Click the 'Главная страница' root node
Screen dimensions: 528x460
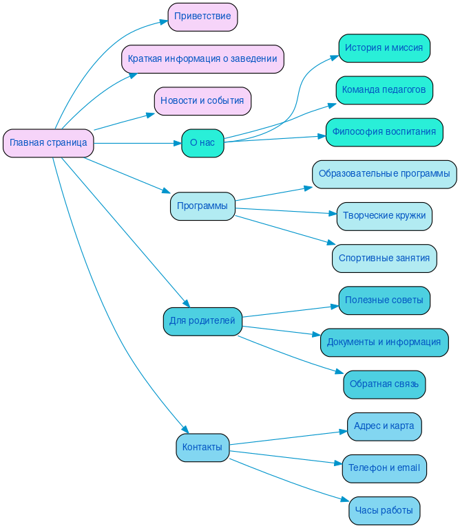(48, 143)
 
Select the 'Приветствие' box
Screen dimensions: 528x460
(202, 16)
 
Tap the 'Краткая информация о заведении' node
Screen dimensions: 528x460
(202, 59)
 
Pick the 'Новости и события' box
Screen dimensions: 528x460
(202, 101)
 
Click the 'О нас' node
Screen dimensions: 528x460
(202, 143)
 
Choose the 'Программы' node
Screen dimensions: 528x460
(202, 206)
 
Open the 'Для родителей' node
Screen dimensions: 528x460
(202, 321)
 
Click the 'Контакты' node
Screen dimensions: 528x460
(202, 448)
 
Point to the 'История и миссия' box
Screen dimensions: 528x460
(384, 48)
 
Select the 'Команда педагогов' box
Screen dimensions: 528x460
(384, 90)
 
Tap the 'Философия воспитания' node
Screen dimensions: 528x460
(384, 132)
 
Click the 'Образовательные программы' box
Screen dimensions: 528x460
(384, 174)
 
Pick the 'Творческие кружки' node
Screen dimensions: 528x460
(384, 216)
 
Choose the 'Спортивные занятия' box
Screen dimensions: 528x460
(384, 258)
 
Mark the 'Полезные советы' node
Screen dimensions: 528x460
(384, 300)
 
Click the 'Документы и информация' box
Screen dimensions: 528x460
(384, 342)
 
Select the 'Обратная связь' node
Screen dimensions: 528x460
(384, 384)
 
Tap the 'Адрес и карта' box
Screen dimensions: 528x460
(384, 426)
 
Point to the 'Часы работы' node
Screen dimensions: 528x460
(384, 511)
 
